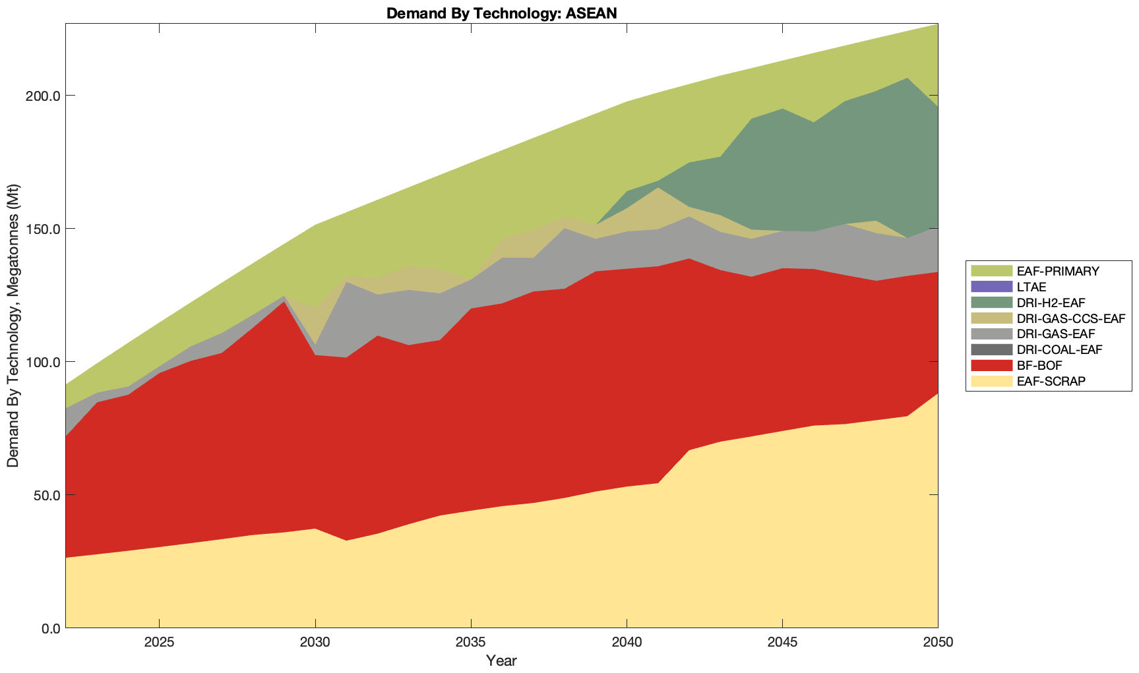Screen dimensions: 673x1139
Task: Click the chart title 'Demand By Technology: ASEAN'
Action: pyautogui.click(x=501, y=13)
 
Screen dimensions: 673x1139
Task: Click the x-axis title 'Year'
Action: pyautogui.click(x=501, y=660)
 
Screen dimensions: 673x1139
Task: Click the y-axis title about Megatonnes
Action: pyautogui.click(x=13, y=326)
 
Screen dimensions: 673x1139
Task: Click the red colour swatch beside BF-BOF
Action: pyautogui.click(x=991, y=366)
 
